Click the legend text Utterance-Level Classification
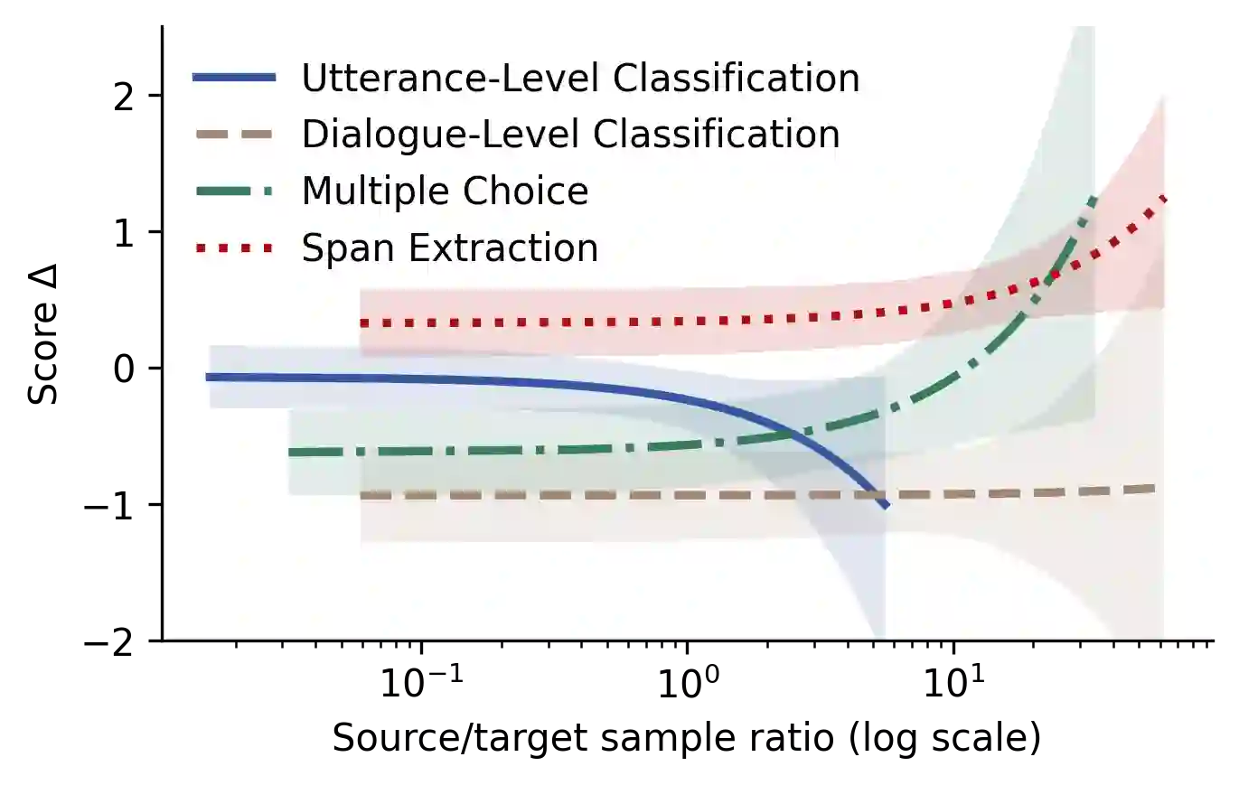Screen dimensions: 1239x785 coord(580,79)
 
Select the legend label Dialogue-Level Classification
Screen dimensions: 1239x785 coord(570,135)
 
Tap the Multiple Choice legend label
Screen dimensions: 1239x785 coord(445,192)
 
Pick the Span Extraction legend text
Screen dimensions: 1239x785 coord(449,248)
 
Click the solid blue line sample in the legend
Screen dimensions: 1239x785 coord(234,79)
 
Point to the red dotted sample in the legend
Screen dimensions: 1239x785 coord(234,248)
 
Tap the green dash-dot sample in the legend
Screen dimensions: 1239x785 coord(234,192)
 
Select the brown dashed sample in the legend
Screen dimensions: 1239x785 coord(234,135)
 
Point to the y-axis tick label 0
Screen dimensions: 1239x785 coord(121,368)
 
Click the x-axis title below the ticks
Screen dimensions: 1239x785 coord(687,736)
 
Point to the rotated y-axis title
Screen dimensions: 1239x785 coord(41,334)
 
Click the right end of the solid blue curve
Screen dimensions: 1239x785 coord(887,505)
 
